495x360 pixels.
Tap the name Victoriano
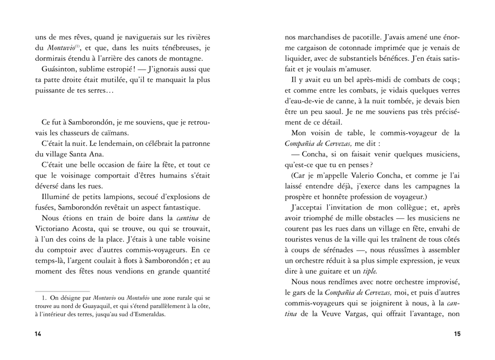55,228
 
